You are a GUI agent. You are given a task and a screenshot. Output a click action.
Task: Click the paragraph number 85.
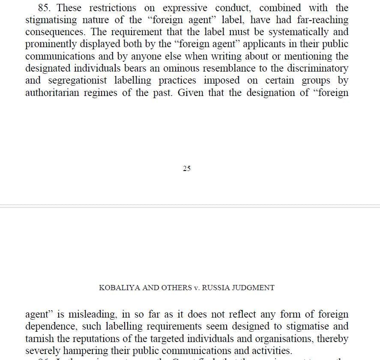click(x=45, y=8)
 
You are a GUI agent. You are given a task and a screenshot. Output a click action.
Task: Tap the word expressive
click(x=185, y=8)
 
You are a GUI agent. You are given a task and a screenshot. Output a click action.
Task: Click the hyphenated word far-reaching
click(x=322, y=20)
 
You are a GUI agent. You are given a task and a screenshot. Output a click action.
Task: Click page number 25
click(x=187, y=168)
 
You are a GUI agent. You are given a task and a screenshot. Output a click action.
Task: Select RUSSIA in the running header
click(x=216, y=288)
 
